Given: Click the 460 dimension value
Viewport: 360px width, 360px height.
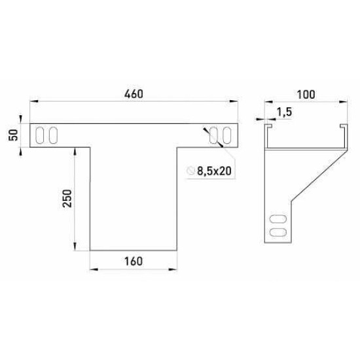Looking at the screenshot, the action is (x=134, y=94).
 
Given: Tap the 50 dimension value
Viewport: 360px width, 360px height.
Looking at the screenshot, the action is (x=14, y=135).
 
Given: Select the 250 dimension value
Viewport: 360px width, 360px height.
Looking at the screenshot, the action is (x=67, y=198).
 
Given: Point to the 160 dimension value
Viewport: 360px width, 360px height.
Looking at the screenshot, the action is (x=134, y=261).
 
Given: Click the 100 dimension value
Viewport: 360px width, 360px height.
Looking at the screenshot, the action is (x=306, y=94).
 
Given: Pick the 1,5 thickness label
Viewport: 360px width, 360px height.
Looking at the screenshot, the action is (x=284, y=112).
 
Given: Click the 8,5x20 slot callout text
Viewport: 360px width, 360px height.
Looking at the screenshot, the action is (x=214, y=171).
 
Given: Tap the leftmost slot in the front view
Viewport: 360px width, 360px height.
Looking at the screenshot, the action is (x=40, y=135).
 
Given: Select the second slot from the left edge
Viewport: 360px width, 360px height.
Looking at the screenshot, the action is (x=53, y=135).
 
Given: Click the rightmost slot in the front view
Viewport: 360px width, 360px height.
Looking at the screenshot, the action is (x=227, y=135).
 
